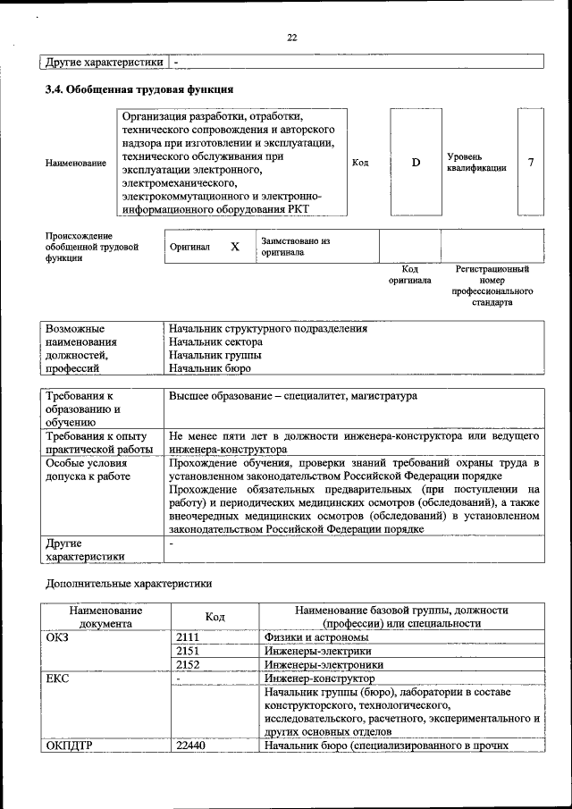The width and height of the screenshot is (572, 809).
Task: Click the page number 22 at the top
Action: click(x=291, y=37)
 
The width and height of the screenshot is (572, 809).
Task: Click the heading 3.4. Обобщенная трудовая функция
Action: click(x=139, y=89)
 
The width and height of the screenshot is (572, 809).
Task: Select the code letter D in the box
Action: click(x=416, y=162)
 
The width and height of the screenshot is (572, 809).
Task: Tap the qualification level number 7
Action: click(x=532, y=162)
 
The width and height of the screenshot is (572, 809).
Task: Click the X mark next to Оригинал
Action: click(x=235, y=247)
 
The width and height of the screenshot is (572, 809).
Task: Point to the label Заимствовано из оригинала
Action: click(x=296, y=247)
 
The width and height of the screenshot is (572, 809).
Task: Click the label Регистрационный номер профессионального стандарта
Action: click(x=492, y=285)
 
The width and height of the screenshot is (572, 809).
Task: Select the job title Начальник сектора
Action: click(x=215, y=341)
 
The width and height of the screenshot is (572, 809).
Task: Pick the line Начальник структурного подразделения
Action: click(x=268, y=328)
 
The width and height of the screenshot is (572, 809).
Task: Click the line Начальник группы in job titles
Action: click(x=213, y=355)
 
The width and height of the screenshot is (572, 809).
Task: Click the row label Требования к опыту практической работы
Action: click(x=97, y=442)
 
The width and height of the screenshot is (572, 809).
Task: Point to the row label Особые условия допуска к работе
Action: click(x=88, y=470)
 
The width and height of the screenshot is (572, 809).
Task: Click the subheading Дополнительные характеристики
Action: click(x=129, y=583)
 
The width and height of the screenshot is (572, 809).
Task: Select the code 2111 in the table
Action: click(x=188, y=637)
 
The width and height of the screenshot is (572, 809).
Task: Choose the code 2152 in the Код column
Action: click(x=188, y=664)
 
